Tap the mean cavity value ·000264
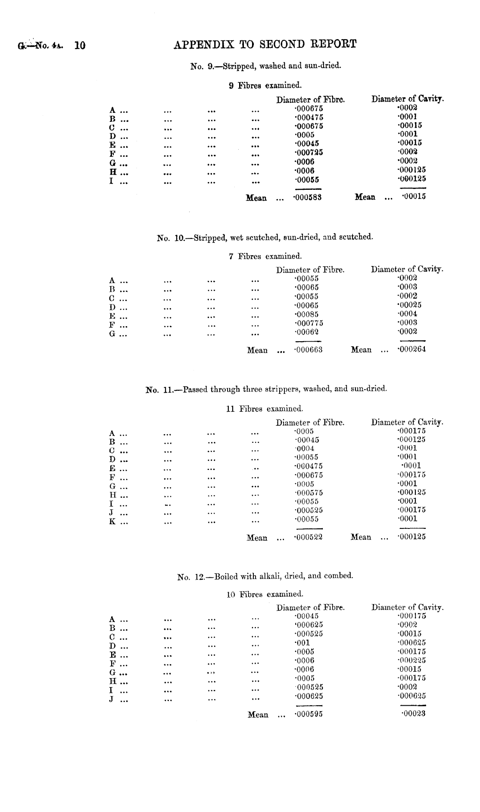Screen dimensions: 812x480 (411, 349)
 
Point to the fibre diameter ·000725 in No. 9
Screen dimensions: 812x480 (309, 152)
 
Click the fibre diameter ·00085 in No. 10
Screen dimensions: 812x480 (306, 314)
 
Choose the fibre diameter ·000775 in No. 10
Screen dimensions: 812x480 (309, 323)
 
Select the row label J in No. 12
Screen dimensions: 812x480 (112, 699)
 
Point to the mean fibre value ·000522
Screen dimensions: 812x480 (308, 537)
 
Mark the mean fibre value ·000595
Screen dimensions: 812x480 (308, 714)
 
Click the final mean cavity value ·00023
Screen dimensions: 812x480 (413, 714)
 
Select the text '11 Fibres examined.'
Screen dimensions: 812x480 (265, 408)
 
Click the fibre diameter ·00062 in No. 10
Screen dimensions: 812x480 (306, 332)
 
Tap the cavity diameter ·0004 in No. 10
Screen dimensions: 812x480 (407, 314)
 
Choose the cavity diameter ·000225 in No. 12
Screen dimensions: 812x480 (411, 660)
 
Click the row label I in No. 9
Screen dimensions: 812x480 (111, 181)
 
